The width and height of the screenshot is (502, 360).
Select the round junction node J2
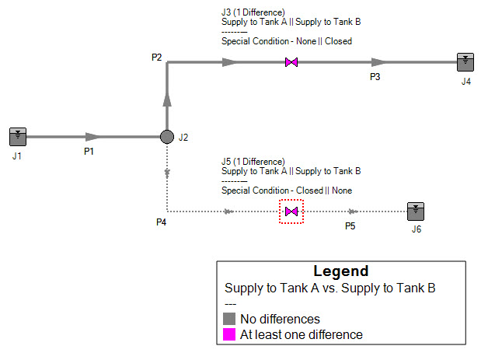166,137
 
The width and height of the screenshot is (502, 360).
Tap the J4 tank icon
465,62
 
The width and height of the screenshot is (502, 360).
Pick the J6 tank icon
417,211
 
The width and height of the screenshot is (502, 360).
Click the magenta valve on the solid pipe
291,62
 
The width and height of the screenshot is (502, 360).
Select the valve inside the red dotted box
291,211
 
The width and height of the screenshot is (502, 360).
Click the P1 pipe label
89,151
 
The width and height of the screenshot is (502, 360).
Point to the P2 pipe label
157,58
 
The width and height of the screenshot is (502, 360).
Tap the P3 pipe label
375,76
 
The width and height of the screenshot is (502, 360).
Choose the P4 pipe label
161,222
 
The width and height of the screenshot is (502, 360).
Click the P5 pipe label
350,225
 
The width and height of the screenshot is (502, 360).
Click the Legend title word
340,271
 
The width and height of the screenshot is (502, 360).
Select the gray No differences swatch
229,319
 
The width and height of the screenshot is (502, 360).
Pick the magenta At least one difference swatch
229,335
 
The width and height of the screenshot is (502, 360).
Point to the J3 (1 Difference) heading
253,12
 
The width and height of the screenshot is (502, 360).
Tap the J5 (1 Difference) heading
253,162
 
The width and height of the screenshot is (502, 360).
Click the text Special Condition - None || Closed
287,40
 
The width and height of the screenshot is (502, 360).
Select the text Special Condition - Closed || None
287,190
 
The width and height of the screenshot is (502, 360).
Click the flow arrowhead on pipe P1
92,137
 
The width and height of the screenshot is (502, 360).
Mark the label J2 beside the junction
183,138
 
